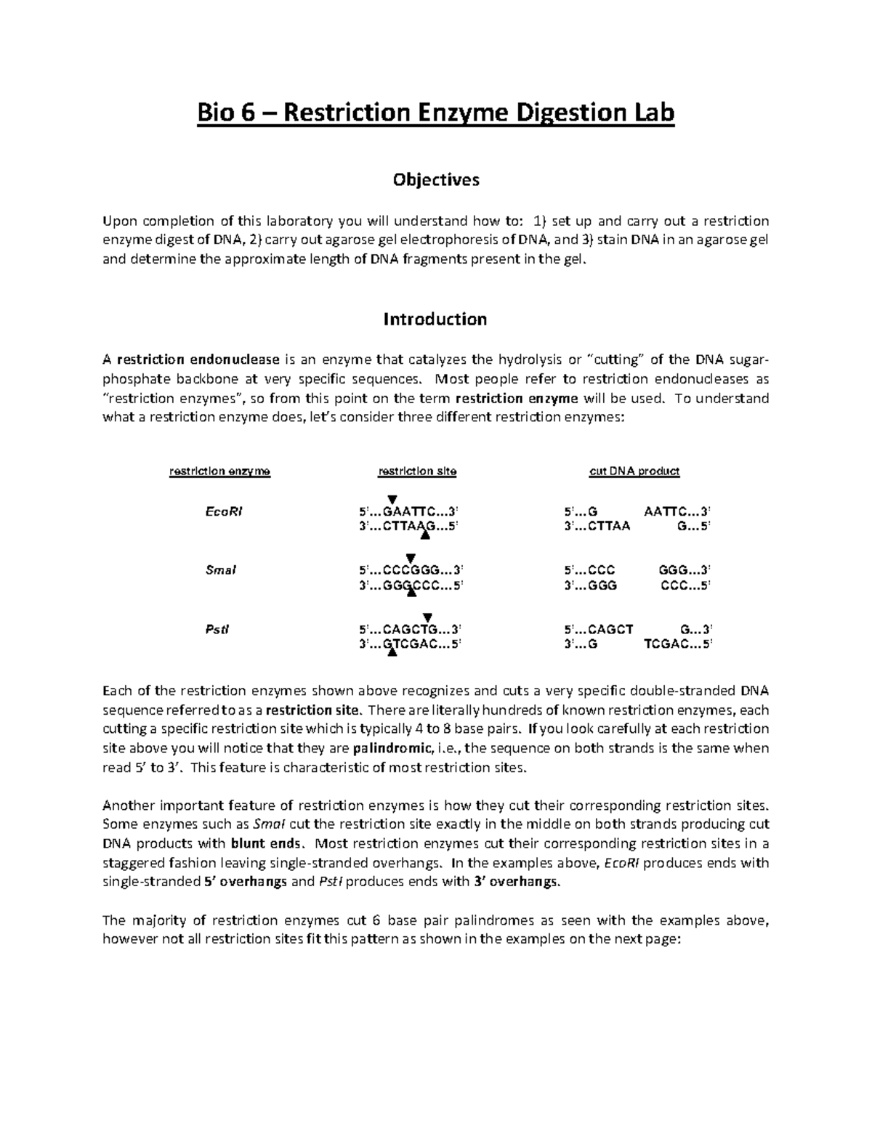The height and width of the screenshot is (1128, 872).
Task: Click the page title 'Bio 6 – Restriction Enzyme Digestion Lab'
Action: click(436, 113)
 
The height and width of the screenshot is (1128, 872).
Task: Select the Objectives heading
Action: click(436, 179)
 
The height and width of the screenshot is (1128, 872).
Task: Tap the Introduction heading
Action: click(435, 319)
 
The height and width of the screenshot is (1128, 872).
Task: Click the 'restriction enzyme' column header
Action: click(219, 471)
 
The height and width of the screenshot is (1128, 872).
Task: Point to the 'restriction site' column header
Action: click(417, 471)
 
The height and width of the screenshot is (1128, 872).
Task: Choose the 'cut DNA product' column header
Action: click(634, 471)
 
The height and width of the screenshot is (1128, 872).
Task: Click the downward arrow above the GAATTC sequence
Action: click(392, 499)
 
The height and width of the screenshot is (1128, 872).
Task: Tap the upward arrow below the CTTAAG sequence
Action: click(426, 536)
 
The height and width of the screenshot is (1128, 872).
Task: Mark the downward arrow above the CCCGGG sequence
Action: click(410, 558)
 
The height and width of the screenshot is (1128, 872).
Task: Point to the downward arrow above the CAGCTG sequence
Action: click(427, 617)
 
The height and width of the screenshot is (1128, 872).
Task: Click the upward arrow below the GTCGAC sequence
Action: click(392, 654)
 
